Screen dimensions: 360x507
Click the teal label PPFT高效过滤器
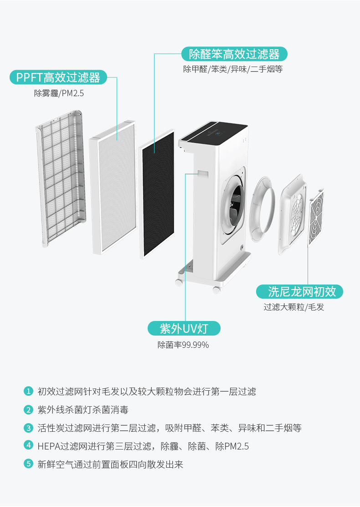pos(58,77)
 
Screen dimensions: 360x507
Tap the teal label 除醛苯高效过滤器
pos(234,54)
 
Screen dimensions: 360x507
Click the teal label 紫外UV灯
pos(184,328)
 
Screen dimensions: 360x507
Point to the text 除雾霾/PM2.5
pos(59,93)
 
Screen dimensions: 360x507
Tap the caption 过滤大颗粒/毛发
pos(294,307)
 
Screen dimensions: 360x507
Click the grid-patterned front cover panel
pos(62,178)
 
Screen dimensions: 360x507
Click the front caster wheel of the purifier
pos(216,289)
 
